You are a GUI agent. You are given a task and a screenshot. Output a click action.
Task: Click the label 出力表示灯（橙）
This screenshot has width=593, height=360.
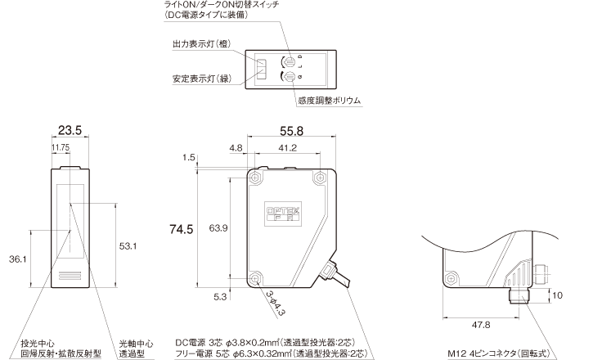click(x=202, y=43)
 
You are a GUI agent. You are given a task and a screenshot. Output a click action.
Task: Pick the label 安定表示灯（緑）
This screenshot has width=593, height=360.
click(x=202, y=79)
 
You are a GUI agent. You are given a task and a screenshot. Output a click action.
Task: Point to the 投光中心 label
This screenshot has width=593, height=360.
click(x=38, y=342)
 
